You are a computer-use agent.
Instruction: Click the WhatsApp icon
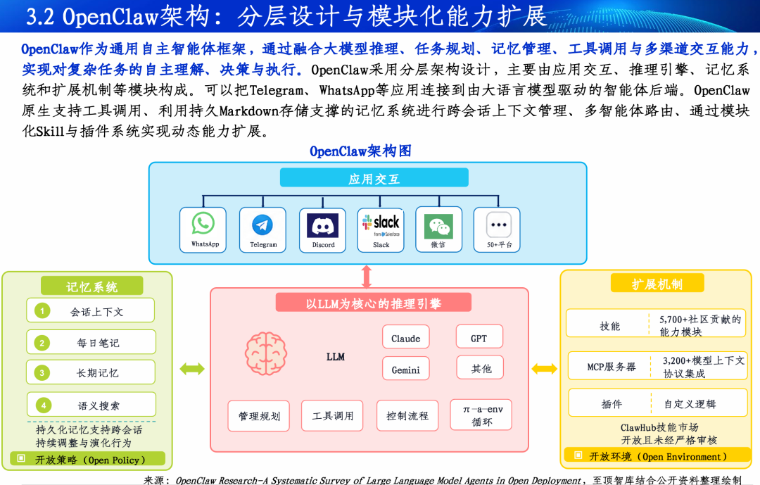tap(203, 223)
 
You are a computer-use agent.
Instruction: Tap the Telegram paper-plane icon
tap(262, 225)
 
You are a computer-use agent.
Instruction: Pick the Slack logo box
tap(381, 225)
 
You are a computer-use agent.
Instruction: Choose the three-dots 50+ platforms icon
tap(499, 225)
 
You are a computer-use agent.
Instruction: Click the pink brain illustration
tap(265, 353)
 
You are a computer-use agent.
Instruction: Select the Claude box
tap(406, 337)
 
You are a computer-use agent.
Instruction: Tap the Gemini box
tap(406, 369)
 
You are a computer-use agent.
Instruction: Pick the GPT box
tap(479, 337)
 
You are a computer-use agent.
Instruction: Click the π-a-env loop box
tap(481, 415)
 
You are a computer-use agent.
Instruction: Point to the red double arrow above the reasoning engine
tap(367, 277)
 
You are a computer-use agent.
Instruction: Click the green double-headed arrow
tap(192, 369)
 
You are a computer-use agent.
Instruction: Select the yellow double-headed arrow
tap(544, 369)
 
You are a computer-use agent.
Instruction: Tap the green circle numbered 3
tap(42, 372)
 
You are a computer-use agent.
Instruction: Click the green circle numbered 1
tap(42, 310)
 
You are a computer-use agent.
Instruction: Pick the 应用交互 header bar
tap(374, 177)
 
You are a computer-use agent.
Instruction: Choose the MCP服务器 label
tap(611, 367)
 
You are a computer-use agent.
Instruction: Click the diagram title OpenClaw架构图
tap(360, 151)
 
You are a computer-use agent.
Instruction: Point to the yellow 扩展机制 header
tap(657, 283)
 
